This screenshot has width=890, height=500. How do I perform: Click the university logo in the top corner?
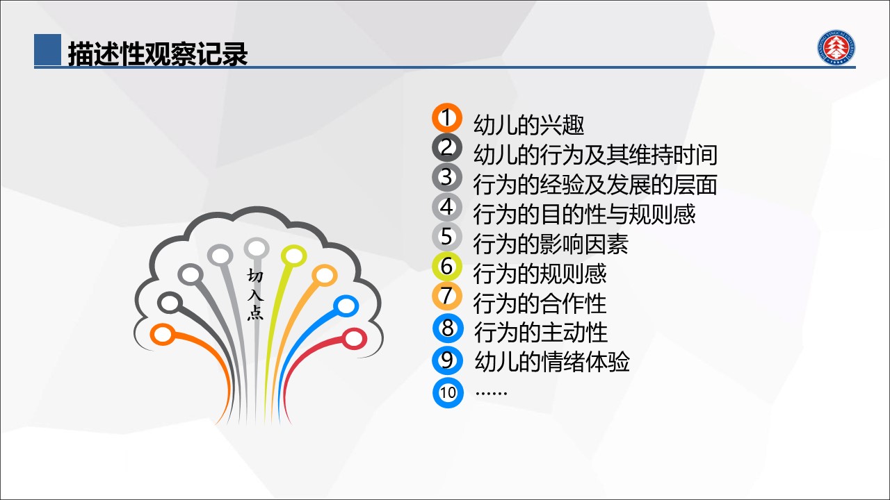coord(836,47)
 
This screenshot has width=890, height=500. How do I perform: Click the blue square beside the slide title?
coord(48,49)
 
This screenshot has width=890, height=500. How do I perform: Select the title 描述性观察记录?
coord(158,53)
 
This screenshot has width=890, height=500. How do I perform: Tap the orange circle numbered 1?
coord(447,117)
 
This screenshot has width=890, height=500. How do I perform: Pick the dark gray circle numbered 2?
coord(447,147)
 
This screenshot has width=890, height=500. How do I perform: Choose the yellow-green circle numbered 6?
coord(447,266)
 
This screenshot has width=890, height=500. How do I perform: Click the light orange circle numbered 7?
coord(447,296)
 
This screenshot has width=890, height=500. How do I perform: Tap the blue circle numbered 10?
coord(448,393)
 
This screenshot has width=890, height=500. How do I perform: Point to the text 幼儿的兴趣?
coord(529,124)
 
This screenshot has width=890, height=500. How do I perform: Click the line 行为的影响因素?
coord(551,244)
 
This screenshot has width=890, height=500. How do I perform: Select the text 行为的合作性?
coord(540,303)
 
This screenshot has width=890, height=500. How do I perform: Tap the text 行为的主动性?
coord(541,333)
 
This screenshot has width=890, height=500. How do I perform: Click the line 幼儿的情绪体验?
coord(552,362)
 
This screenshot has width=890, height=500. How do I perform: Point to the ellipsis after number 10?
coord(491,393)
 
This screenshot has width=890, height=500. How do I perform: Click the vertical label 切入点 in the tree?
coord(255,294)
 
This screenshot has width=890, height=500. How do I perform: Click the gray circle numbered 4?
coord(447,207)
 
